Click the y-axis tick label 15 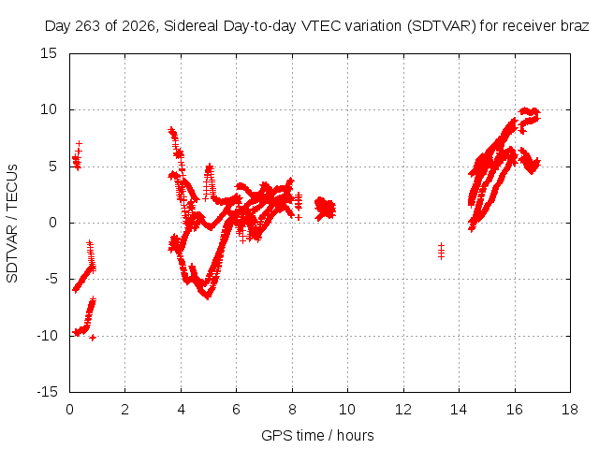click(49, 53)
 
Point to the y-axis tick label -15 click(47, 392)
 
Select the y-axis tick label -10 click(47, 336)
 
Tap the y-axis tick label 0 click(52, 223)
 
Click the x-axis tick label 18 click(570, 410)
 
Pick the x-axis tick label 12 click(403, 410)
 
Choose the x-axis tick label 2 click(124, 410)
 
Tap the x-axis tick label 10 click(347, 410)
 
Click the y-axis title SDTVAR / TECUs click(12, 224)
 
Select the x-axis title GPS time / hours click(317, 435)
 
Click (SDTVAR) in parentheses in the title click(442, 26)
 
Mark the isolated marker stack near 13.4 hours click(441, 251)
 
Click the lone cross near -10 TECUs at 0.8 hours click(93, 338)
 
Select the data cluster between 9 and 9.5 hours click(326, 209)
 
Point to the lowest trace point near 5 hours click(208, 296)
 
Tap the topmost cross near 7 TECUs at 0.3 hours click(79, 143)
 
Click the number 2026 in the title click(139, 26)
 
